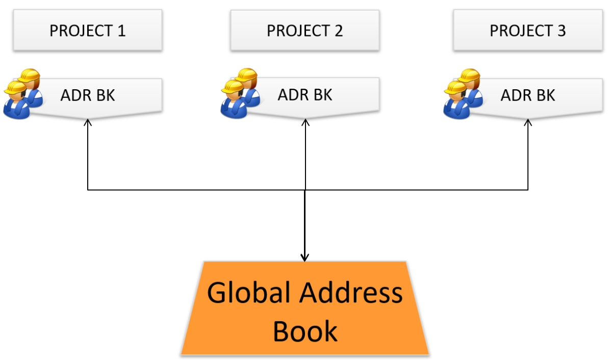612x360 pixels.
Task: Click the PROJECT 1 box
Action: [88, 31]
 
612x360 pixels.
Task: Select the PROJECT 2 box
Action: [305, 31]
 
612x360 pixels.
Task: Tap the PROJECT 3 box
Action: [528, 31]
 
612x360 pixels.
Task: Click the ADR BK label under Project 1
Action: [88, 95]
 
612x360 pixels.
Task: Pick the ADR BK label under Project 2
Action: [305, 95]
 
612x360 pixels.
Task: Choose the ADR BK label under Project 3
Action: [528, 95]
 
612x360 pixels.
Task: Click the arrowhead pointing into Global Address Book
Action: [304, 258]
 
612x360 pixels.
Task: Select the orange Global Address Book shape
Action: [305, 308]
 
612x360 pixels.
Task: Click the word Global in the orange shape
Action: [249, 293]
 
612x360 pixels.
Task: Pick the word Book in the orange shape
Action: [305, 330]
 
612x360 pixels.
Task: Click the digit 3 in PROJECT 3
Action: [561, 31]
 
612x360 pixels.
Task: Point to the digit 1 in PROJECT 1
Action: [121, 31]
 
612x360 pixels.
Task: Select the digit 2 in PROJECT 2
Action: [339, 31]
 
